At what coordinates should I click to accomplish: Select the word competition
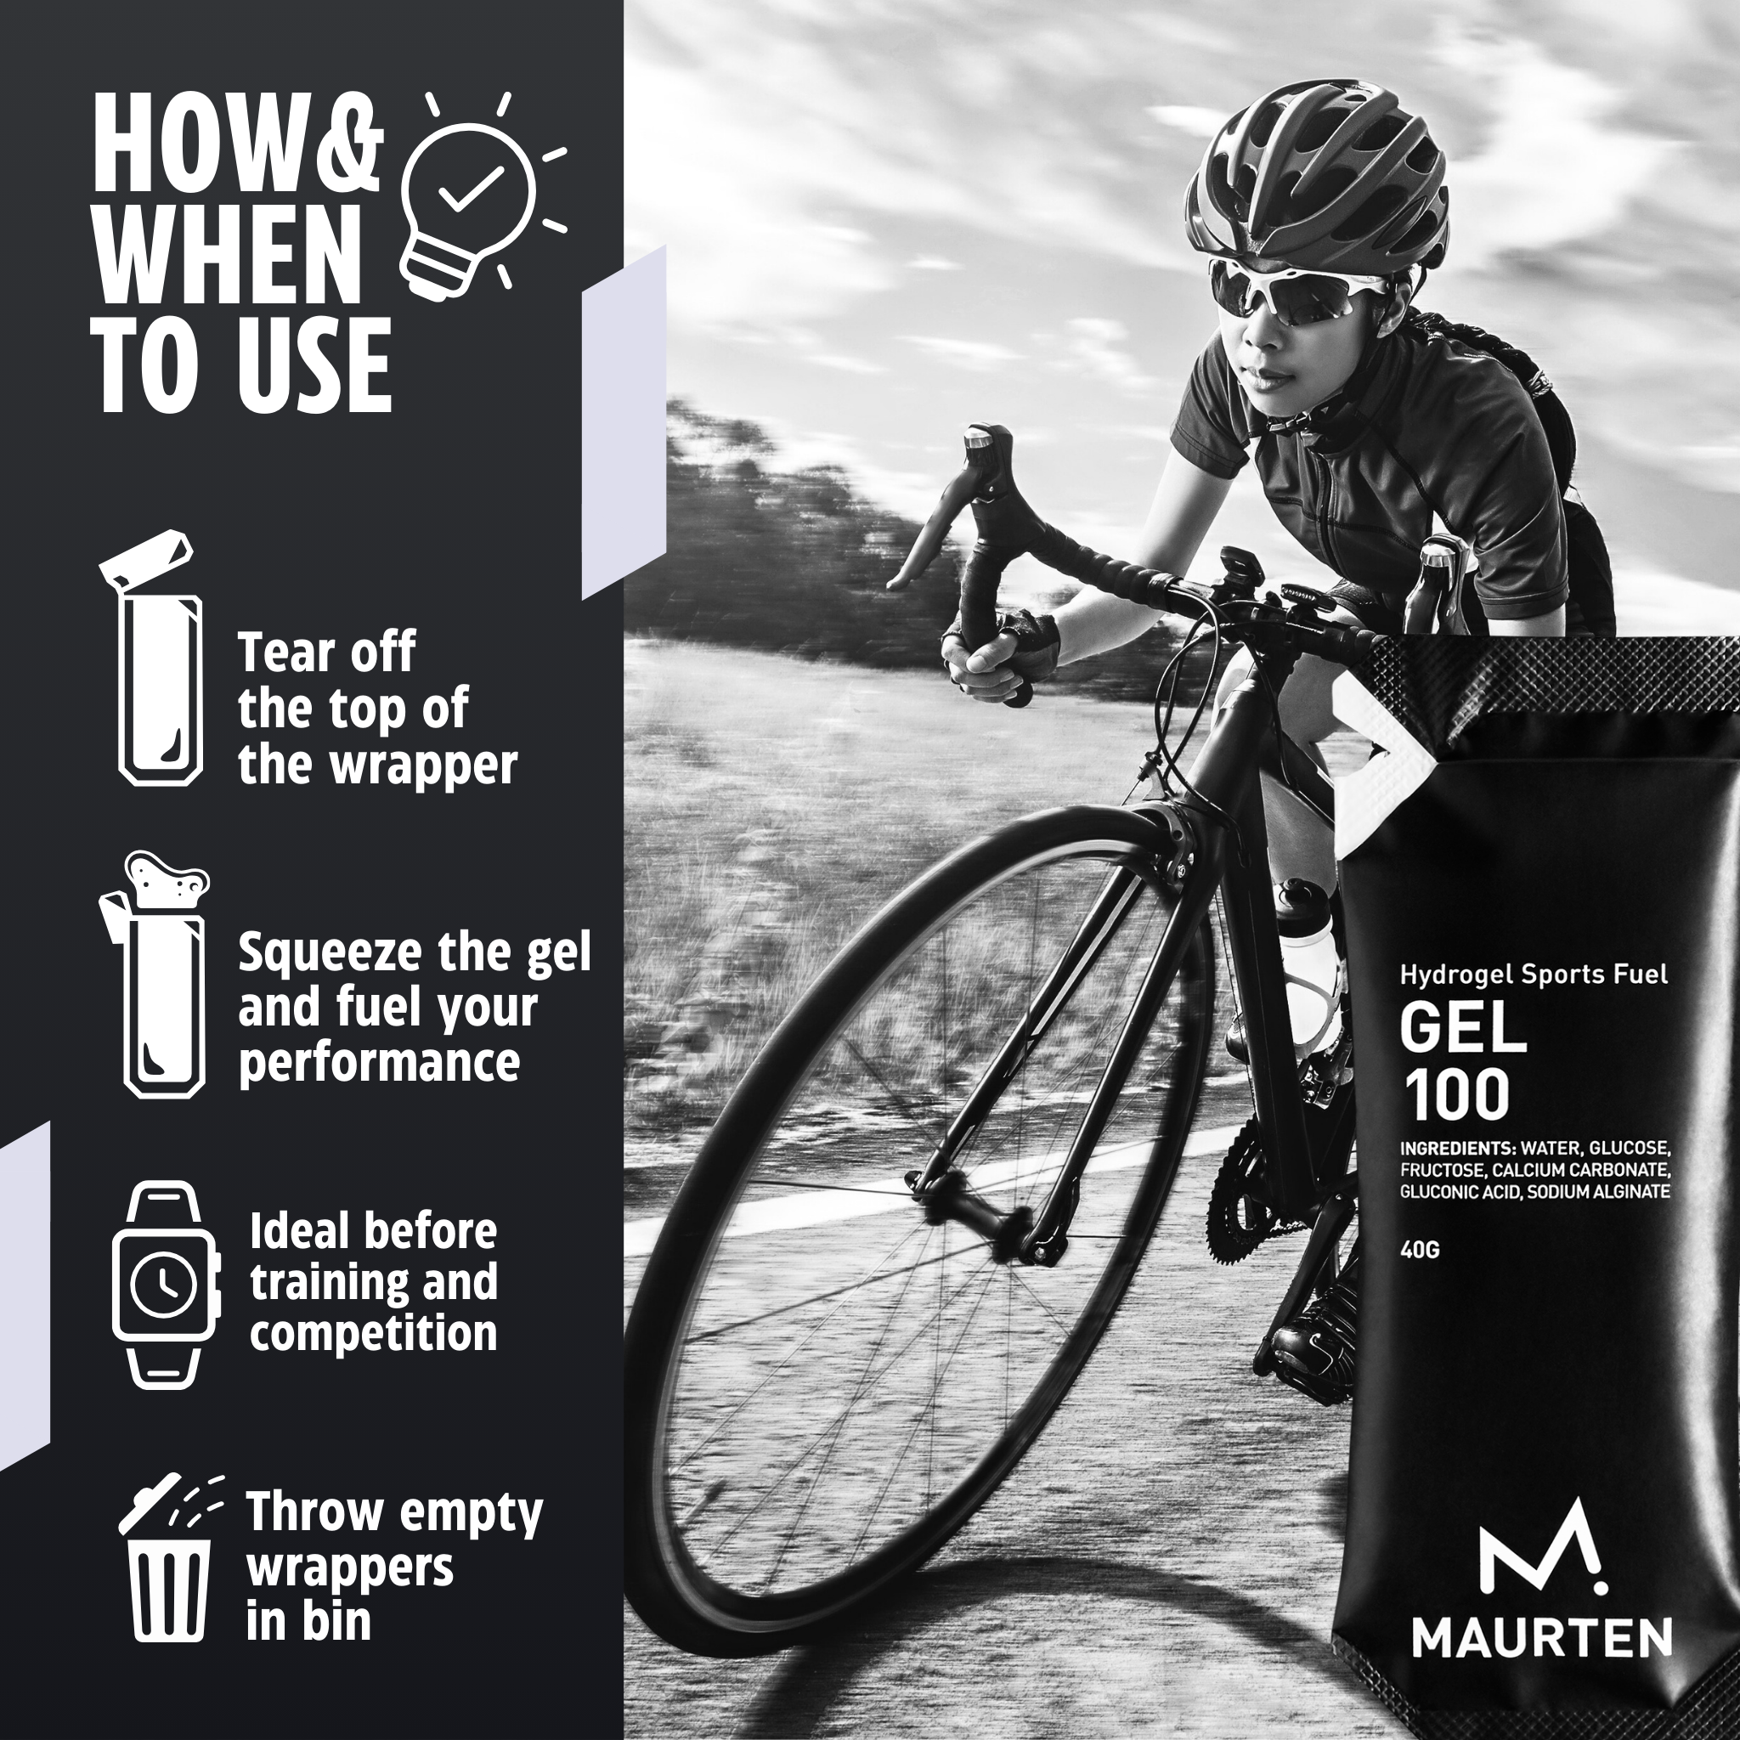[373, 1334]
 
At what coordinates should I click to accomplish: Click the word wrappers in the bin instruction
[349, 1569]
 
